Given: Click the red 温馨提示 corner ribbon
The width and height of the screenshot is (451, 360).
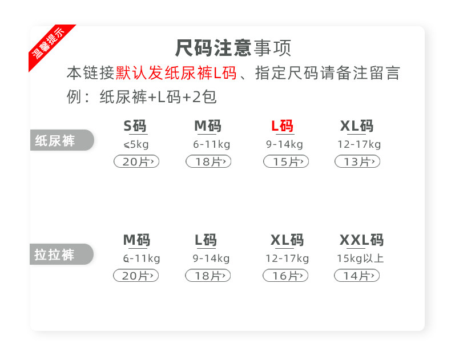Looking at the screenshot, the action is [x=50, y=46].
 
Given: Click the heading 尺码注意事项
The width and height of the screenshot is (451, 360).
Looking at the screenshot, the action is [x=233, y=48].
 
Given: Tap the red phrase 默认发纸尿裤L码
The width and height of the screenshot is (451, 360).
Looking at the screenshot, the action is [x=176, y=74].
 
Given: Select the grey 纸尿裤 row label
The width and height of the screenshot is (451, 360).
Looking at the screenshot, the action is [x=59, y=140].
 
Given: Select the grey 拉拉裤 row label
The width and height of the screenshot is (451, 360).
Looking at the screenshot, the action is [x=59, y=254].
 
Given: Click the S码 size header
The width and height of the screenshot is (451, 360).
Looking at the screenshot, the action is [x=135, y=126].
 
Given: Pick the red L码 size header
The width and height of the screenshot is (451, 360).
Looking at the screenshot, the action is [x=282, y=126].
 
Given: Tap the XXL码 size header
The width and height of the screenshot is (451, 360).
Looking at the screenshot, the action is [x=361, y=240].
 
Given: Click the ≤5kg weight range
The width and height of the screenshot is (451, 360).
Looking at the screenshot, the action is [x=135, y=144].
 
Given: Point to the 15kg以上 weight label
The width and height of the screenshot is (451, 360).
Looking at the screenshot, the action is [x=360, y=258].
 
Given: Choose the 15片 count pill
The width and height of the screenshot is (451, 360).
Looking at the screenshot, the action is [x=285, y=162].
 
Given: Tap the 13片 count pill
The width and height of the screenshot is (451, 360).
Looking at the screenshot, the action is [x=357, y=162].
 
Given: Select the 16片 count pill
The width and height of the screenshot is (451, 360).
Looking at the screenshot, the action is [x=285, y=276].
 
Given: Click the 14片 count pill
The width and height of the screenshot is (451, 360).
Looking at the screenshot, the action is [x=356, y=276].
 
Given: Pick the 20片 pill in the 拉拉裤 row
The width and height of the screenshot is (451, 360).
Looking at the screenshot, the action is [x=136, y=276].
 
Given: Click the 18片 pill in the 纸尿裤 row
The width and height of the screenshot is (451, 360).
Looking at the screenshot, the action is [x=208, y=162].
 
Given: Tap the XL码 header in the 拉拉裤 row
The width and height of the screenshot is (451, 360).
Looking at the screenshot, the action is [x=287, y=240].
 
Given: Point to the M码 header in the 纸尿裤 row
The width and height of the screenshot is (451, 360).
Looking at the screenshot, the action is [x=207, y=126].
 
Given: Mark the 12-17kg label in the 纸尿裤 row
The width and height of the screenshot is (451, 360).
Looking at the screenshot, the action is [x=359, y=144].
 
